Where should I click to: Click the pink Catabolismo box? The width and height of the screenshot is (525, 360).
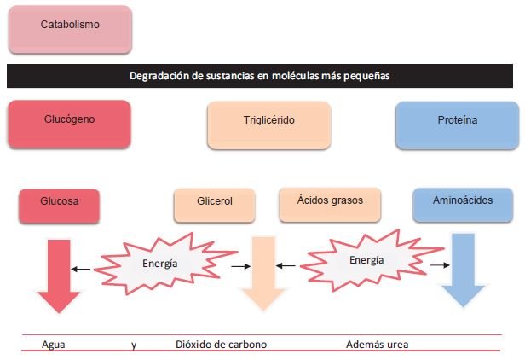coord(70,29)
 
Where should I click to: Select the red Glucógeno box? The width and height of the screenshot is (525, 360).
coord(69,124)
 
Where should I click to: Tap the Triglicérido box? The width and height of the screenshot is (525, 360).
coord(269,125)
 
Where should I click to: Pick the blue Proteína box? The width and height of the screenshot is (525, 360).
coord(458,125)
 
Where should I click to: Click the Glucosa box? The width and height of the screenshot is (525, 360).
coord(60,206)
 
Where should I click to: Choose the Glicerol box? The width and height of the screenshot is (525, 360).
coord(215,205)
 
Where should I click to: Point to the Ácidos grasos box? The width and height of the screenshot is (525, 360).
coord(330,205)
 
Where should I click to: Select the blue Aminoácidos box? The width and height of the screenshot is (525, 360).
coord(463,205)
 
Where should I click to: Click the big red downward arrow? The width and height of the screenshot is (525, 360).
coord(59,276)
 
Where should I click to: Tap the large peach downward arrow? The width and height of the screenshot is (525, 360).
coord(263,274)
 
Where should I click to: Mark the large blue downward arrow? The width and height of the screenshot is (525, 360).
coord(463,270)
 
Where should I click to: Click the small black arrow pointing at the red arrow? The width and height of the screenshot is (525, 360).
coord(81,269)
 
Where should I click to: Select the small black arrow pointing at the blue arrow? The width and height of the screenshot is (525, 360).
coord(440,265)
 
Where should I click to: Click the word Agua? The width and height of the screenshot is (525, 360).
coord(53,345)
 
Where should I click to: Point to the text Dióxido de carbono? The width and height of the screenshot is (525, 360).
coord(222,345)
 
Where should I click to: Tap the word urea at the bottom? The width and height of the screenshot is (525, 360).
coord(398,345)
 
